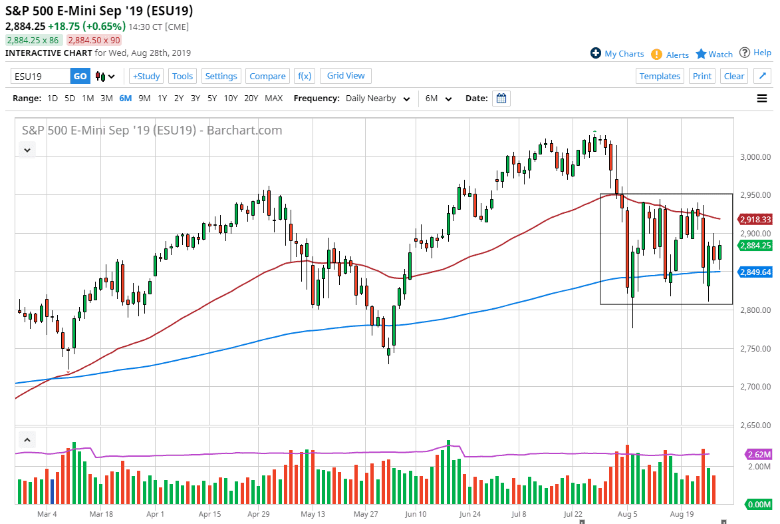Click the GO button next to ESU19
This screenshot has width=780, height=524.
click(80, 76)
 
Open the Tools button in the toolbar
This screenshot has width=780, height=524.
click(182, 76)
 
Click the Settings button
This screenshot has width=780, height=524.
click(221, 76)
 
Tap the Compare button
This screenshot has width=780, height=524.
click(267, 76)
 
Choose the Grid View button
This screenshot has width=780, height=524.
click(346, 76)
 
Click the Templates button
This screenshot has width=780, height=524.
click(660, 76)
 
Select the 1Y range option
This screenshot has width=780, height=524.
click(162, 99)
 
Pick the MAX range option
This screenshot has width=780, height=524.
click(273, 99)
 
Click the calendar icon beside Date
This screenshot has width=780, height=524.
click(502, 99)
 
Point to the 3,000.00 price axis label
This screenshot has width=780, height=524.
click(754, 157)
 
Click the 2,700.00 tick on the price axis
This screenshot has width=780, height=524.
click(754, 387)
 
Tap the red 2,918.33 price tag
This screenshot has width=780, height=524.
click(755, 219)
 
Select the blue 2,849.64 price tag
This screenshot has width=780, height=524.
click(755, 272)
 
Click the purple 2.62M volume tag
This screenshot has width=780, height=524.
click(758, 455)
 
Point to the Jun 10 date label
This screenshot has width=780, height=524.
click(415, 514)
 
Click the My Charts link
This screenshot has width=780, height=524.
click(617, 54)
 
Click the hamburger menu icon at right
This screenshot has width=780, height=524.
click(762, 99)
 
